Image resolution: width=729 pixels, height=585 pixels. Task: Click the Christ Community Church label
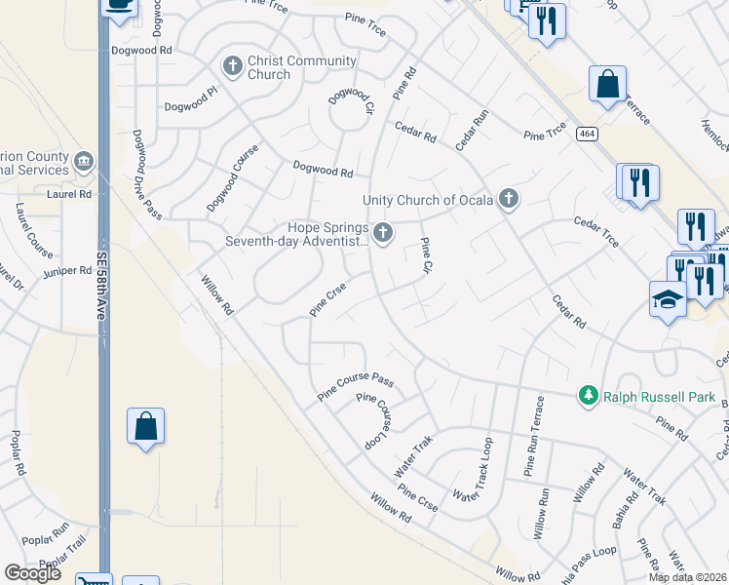pyautogui.click(x=301, y=67)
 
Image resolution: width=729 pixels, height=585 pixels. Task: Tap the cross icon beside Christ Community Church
pyautogui.click(x=232, y=66)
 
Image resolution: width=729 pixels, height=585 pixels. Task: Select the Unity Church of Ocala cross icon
pyautogui.click(x=507, y=200)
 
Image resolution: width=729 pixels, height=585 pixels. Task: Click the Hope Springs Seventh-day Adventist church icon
pyautogui.click(x=383, y=233)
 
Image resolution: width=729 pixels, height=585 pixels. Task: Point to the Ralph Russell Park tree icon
pyautogui.click(x=588, y=396)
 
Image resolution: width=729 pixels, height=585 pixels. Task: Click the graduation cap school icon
pyautogui.click(x=668, y=298)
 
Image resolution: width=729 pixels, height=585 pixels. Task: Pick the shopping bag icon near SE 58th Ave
pyautogui.click(x=145, y=425)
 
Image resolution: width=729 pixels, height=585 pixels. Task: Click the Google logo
pyautogui.click(x=33, y=572)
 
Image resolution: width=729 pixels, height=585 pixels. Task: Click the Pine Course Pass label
pyautogui.click(x=355, y=387)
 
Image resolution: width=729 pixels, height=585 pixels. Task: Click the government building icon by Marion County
pyautogui.click(x=85, y=161)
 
